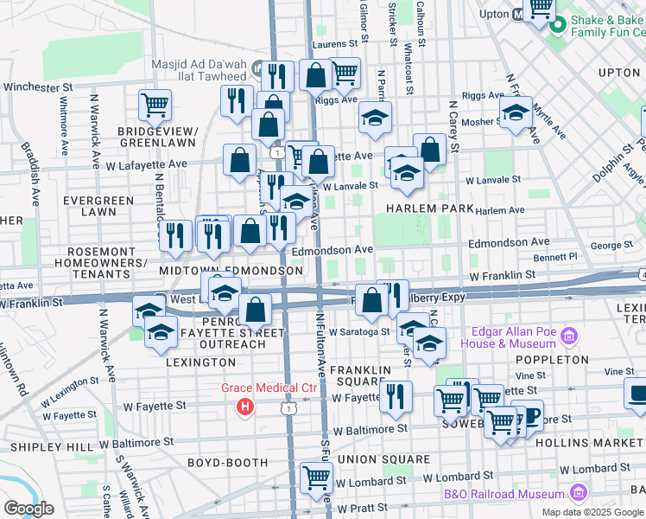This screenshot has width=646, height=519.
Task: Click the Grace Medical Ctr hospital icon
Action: click(x=246, y=405)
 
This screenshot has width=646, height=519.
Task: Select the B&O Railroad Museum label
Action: click(x=504, y=495)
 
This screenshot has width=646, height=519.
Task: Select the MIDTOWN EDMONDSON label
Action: click(x=231, y=271)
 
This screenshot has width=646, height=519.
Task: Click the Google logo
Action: click(x=29, y=508)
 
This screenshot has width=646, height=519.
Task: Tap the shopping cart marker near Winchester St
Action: click(x=155, y=106)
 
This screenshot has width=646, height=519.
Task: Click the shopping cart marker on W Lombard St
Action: click(x=316, y=477)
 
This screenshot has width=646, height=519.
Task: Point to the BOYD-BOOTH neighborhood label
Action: click(x=228, y=463)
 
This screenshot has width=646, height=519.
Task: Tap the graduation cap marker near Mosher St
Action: click(x=516, y=113)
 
